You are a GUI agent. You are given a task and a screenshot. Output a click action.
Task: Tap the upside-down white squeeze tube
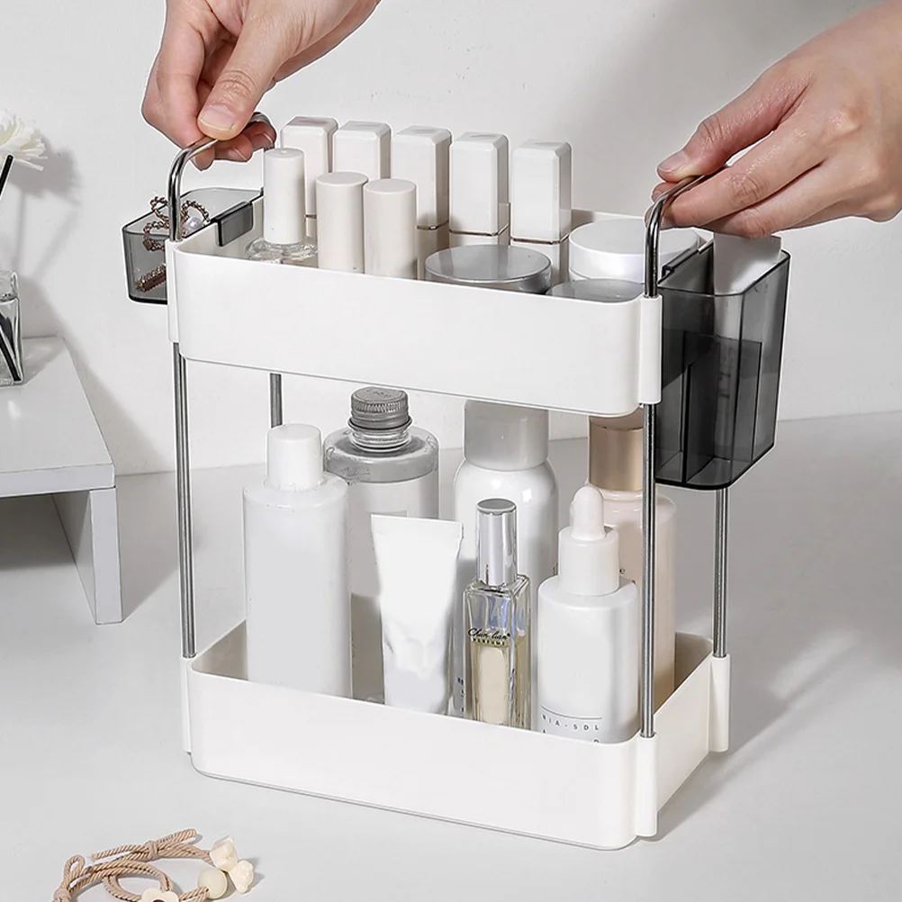[x=415, y=612]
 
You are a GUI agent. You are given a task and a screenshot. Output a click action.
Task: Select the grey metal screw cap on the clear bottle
[x=380, y=410]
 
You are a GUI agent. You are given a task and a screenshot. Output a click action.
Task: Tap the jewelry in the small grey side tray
[x=167, y=230]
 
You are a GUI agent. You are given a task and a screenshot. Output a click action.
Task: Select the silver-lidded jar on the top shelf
[x=488, y=268]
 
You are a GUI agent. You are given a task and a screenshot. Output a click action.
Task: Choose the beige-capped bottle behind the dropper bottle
[x=616, y=450]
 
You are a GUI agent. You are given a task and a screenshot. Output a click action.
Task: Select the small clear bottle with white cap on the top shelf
[x=284, y=207]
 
